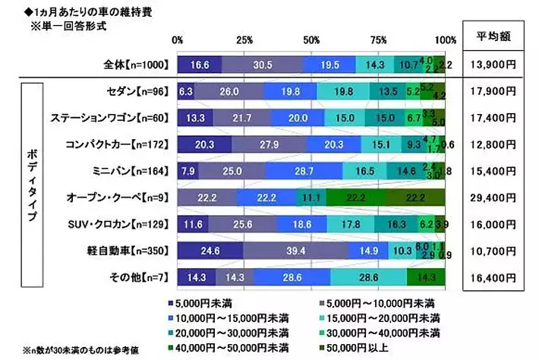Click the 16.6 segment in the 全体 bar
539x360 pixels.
(x=199, y=65)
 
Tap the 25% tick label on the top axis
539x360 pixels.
(x=244, y=39)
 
